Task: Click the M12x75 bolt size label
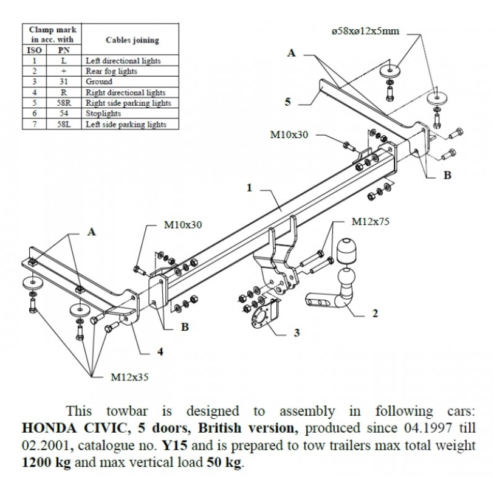tap(370, 221)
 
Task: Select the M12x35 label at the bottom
tap(129, 377)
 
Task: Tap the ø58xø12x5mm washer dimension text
tap(365, 31)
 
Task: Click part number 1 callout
tap(250, 188)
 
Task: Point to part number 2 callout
tap(375, 313)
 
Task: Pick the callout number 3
tap(297, 332)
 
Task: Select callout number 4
tap(160, 351)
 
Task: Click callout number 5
tap(287, 102)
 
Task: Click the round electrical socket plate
tap(261, 318)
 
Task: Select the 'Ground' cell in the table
tap(99, 81)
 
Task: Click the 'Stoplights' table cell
tap(103, 113)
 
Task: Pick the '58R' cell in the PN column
tap(64, 103)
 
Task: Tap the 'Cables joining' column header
tap(132, 40)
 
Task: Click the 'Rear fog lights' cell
tap(111, 71)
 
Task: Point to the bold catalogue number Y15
tap(174, 446)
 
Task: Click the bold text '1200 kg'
tap(47, 463)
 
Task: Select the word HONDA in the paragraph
tap(50, 429)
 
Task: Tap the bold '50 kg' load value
tap(224, 463)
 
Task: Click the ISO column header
tap(35, 50)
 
